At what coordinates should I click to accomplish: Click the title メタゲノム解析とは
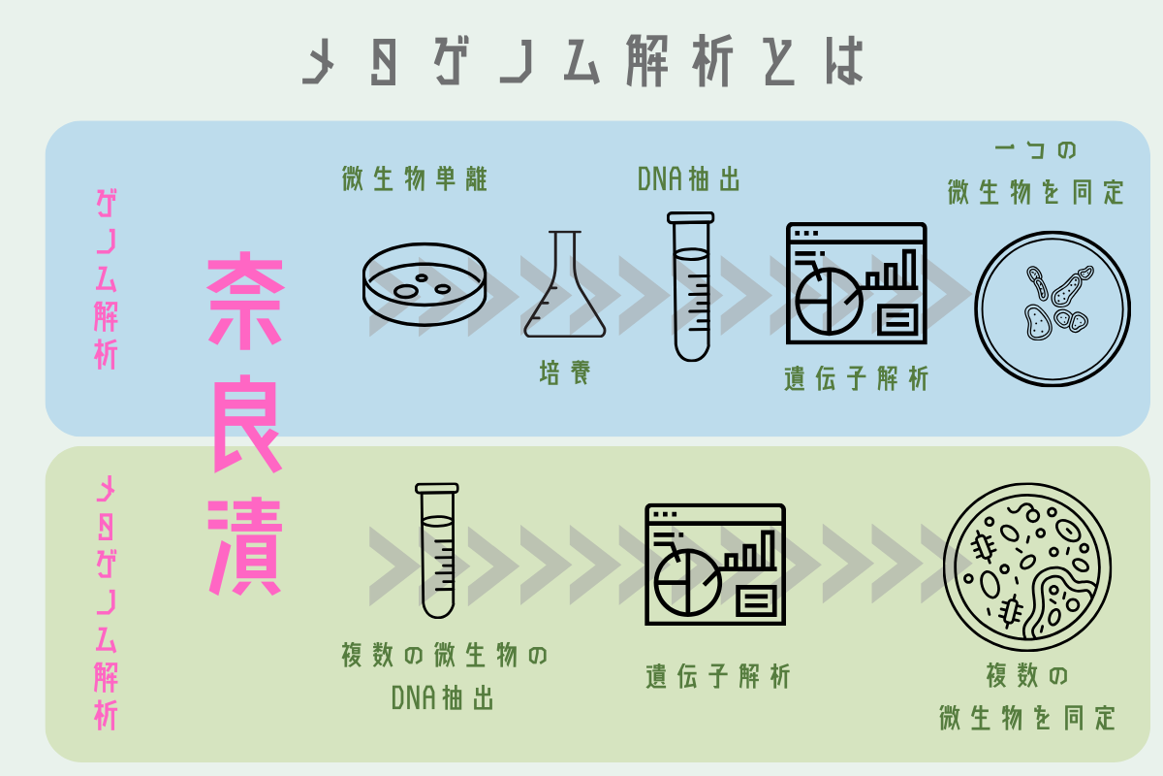(582, 60)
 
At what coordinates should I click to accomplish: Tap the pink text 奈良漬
(245, 424)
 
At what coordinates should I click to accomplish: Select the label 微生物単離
(415, 178)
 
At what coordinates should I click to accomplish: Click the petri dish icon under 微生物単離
(424, 284)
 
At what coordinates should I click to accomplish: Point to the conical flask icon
(565, 284)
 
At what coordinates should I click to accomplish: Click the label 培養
(565, 372)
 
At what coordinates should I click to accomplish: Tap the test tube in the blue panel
(690, 286)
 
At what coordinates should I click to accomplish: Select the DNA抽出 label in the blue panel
(688, 179)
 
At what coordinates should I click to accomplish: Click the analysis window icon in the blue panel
(856, 283)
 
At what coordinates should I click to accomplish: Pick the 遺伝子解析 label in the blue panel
(856, 378)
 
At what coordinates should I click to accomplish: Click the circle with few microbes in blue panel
(1053, 308)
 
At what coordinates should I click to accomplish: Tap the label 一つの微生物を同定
(1036, 173)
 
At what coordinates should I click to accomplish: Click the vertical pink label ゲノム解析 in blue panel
(106, 279)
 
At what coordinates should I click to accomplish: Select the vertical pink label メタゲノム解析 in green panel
(106, 603)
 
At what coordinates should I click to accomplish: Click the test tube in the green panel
(437, 551)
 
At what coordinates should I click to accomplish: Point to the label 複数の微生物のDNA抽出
(444, 676)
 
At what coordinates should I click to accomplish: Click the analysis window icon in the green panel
(715, 565)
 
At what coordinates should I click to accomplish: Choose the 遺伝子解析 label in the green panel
(717, 676)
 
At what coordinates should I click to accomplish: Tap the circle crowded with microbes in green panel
(1027, 567)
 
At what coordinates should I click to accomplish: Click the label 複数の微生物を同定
(1027, 697)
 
